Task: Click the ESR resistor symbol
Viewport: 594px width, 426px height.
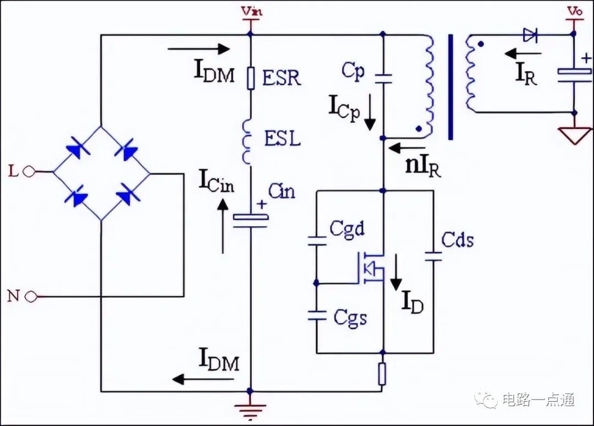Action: [x=251, y=78]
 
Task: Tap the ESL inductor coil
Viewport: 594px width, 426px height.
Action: [x=248, y=141]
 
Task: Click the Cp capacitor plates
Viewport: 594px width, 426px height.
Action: [x=383, y=79]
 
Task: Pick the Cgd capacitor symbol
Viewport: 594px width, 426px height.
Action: [x=317, y=241]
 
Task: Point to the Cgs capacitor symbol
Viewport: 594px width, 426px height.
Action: [x=317, y=315]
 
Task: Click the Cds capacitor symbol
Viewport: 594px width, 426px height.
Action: [x=433, y=256]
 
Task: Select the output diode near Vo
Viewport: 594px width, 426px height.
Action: [x=530, y=35]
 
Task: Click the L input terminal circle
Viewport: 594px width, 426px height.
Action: [x=29, y=172]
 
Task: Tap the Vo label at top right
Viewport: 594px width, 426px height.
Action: [x=575, y=12]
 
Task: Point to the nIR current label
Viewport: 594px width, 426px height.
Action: [x=424, y=166]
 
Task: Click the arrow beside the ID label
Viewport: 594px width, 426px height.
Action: [x=396, y=272]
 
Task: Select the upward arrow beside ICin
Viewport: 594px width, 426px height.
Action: [x=223, y=226]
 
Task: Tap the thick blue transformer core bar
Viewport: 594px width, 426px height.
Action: [x=451, y=87]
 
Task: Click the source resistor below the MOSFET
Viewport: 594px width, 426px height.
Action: [x=382, y=374]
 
